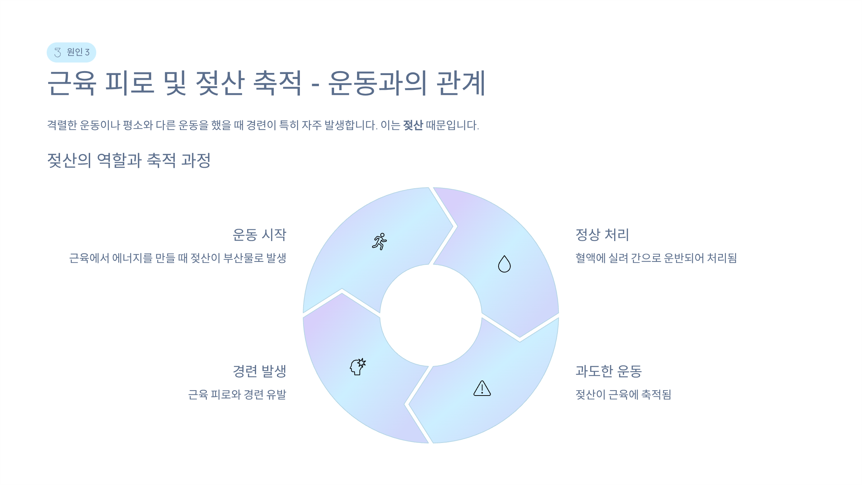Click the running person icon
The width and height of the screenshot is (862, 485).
(x=380, y=241)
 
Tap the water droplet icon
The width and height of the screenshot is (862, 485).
(x=504, y=264)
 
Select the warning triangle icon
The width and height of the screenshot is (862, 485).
(x=482, y=389)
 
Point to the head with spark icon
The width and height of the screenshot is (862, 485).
(x=358, y=367)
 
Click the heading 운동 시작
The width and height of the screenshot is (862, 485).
(x=259, y=235)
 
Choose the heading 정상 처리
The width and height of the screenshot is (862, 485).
(x=602, y=235)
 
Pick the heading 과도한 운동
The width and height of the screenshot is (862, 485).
(x=608, y=371)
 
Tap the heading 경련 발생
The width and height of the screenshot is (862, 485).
(x=259, y=371)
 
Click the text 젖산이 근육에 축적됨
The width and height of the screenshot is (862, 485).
(x=623, y=394)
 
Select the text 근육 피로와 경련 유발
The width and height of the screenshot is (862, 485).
(x=237, y=394)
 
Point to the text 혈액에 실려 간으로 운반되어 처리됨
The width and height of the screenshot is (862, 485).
(x=656, y=258)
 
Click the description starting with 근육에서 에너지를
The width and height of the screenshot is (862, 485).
(x=177, y=258)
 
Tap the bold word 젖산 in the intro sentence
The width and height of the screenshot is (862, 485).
(x=413, y=125)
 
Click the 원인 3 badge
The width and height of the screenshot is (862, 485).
(x=71, y=52)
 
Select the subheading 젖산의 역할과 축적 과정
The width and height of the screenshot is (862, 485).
(x=129, y=160)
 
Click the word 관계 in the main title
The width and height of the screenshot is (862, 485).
(x=461, y=83)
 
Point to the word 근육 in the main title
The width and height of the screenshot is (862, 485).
(x=72, y=83)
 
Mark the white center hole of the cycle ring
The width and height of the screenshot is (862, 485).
(x=431, y=315)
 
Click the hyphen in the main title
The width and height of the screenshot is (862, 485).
(x=315, y=86)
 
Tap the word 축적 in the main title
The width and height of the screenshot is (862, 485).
(x=278, y=83)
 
